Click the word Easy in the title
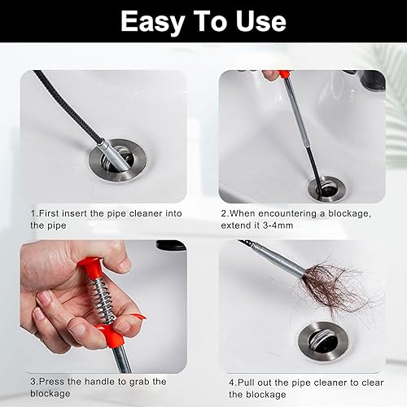click(x=153, y=22)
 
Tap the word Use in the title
click(x=260, y=21)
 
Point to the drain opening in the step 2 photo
click(x=327, y=188)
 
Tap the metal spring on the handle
click(x=102, y=299)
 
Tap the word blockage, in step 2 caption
click(x=349, y=214)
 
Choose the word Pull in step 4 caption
click(x=246, y=383)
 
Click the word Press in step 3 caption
click(x=51, y=382)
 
